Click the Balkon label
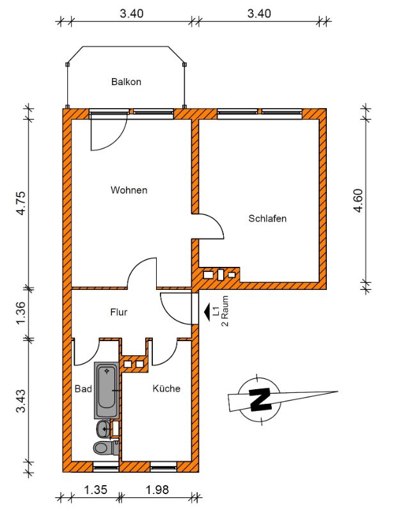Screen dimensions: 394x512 coord(126,81)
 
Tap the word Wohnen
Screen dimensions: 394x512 coord(129,189)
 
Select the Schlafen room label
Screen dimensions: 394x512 coord(267,218)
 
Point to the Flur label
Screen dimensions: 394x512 coord(118,312)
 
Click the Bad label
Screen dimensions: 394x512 coord(83,388)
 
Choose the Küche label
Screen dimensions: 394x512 coord(166,388)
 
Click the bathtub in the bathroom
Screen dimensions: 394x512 coord(107,390)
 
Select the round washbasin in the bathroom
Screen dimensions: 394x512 coord(104,428)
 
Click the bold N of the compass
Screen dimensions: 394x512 coord(260,399)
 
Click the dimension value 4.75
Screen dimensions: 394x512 coord(20,203)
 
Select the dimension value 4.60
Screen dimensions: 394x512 coord(358,200)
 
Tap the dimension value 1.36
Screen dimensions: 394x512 coord(20,313)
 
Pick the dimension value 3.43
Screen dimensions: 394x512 coord(20,401)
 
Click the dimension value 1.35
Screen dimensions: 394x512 coord(95,490)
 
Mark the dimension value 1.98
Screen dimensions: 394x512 coord(157,490)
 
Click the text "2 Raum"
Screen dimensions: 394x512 coord(225,311)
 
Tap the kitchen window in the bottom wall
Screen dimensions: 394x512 coord(164,468)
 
